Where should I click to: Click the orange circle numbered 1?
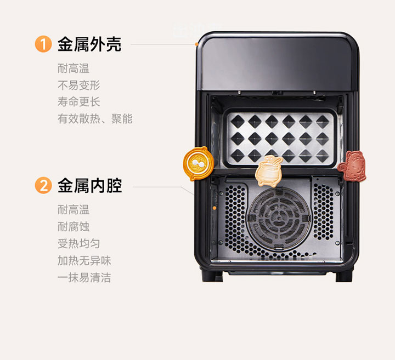click(43, 44)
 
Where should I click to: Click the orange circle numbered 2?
click(43, 185)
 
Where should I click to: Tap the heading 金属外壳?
click(89, 44)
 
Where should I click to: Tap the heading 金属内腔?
click(89, 186)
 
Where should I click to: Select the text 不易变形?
click(79, 85)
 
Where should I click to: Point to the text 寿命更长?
click(79, 102)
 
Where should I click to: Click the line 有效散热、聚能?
click(95, 119)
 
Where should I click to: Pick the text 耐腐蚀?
click(74, 226)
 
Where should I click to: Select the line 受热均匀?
click(79, 243)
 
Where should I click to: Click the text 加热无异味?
click(84, 261)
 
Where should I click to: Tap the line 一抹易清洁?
click(84, 278)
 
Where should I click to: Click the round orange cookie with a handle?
click(198, 163)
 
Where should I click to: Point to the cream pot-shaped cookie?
click(268, 171)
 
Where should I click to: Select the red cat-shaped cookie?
click(352, 166)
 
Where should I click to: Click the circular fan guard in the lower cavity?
click(279, 219)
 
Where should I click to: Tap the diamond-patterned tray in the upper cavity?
click(280, 138)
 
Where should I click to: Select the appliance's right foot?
click(344, 277)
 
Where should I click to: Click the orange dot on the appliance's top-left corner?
click(196, 44)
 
